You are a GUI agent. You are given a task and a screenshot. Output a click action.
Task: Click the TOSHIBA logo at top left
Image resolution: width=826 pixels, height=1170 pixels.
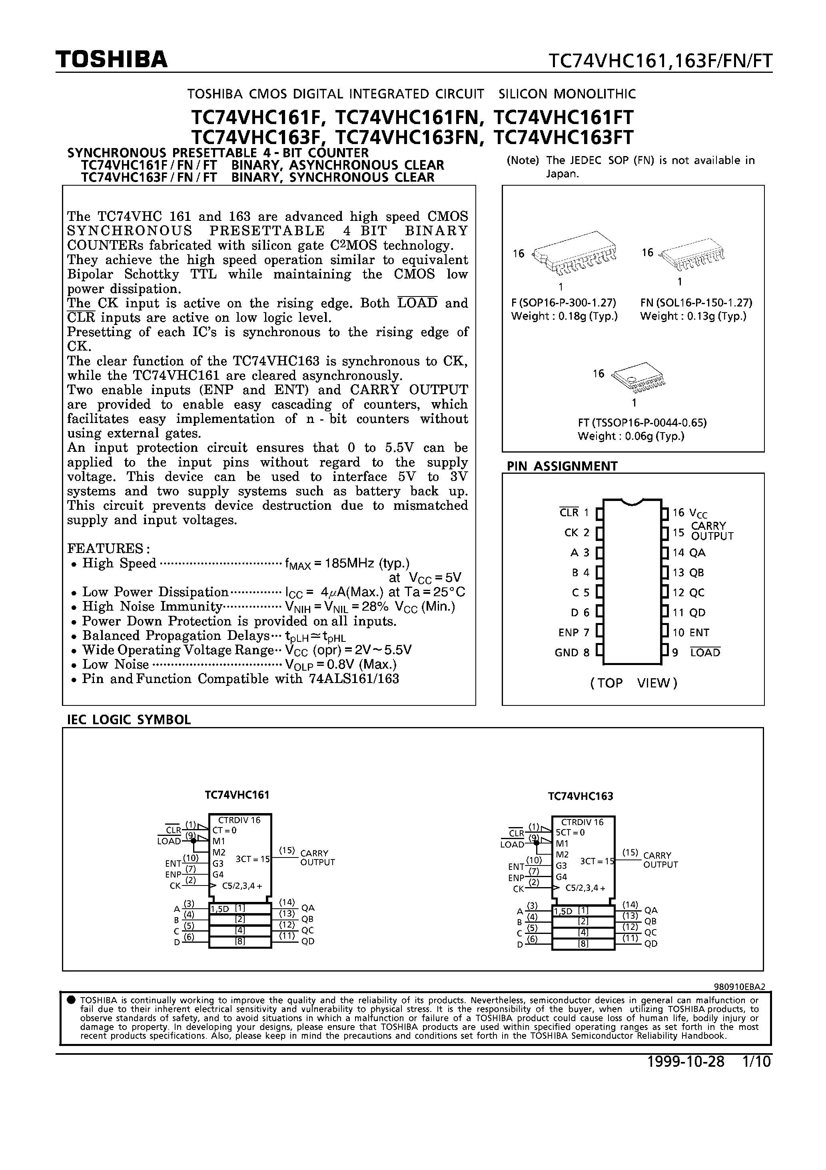point(112,60)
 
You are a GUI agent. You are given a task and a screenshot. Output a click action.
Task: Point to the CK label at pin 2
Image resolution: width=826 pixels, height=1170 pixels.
point(571,533)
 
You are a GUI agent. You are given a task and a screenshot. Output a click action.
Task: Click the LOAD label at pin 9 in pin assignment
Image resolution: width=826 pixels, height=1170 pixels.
point(705,653)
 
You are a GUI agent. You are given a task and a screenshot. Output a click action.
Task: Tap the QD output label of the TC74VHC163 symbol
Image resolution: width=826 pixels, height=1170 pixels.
point(651,944)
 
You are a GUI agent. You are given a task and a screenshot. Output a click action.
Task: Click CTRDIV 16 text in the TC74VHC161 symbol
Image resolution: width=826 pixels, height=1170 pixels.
point(239,820)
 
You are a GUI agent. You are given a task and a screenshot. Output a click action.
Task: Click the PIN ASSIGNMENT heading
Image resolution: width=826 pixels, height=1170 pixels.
point(562,466)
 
